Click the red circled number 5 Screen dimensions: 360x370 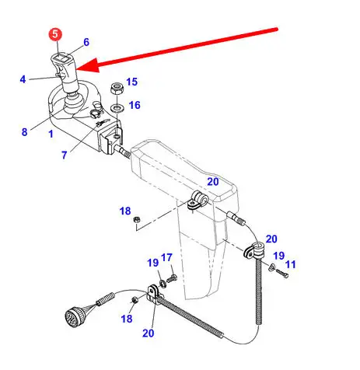(x=55, y=34)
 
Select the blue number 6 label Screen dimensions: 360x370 (x=86, y=42)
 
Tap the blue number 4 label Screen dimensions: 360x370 (x=23, y=79)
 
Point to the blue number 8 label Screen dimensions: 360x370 (x=24, y=132)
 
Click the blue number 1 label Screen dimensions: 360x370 (x=51, y=134)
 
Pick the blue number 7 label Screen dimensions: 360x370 (x=65, y=155)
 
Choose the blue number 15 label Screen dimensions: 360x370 (x=131, y=82)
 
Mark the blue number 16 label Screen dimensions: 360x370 (x=135, y=105)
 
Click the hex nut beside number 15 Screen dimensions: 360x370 (x=117, y=89)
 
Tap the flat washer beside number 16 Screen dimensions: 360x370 (x=117, y=107)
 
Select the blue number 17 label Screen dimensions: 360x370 (x=166, y=257)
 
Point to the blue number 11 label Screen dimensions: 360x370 (x=290, y=264)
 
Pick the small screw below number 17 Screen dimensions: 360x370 (x=171, y=278)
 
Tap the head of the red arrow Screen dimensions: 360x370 (x=87, y=65)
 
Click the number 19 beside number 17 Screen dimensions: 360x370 (x=152, y=263)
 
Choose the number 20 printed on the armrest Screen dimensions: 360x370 (x=213, y=182)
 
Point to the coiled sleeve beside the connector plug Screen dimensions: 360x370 (x=105, y=298)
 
